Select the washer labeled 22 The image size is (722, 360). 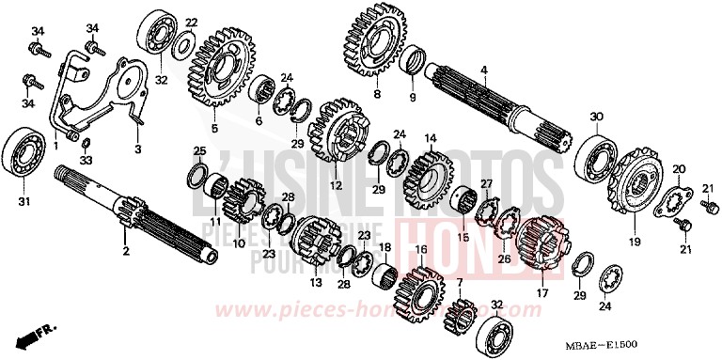click(184, 42)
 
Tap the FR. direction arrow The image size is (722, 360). click(30, 337)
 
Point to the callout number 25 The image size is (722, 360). click(198, 150)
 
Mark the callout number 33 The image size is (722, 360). click(86, 161)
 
